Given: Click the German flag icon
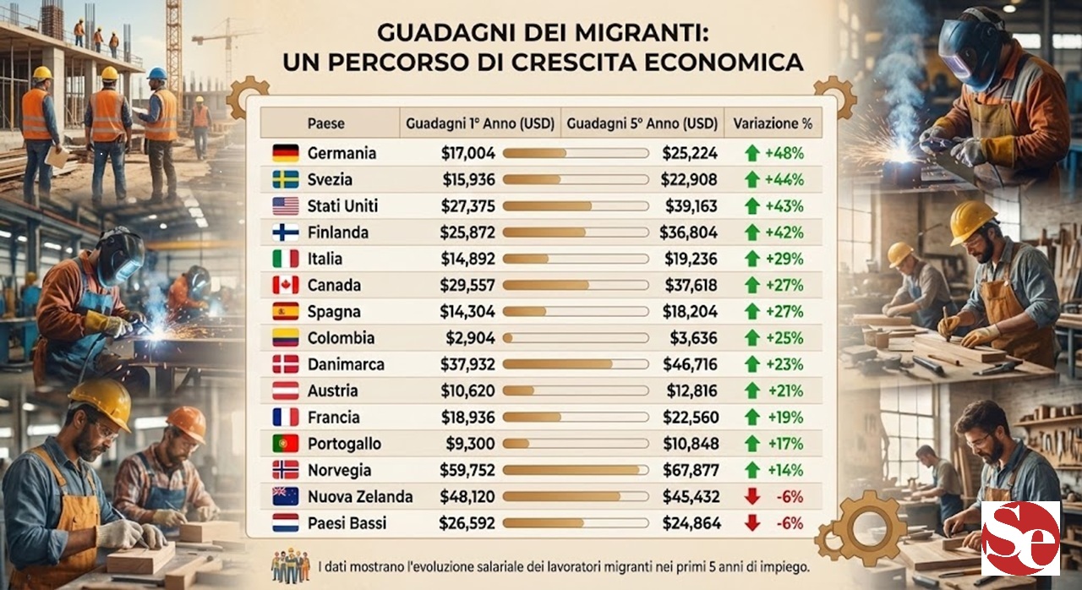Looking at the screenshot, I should click(x=285, y=153).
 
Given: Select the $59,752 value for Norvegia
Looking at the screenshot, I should click(x=467, y=470).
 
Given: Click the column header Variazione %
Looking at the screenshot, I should click(x=773, y=123).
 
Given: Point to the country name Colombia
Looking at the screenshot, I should click(x=342, y=338).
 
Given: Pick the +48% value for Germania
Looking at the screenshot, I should click(x=784, y=153).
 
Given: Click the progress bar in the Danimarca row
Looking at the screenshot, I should click(x=571, y=365).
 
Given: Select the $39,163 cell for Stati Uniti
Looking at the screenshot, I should click(x=690, y=206).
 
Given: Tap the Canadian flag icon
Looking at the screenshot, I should click(x=285, y=285).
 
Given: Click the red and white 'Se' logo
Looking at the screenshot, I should click(x=1020, y=538).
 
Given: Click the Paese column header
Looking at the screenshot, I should click(x=325, y=123).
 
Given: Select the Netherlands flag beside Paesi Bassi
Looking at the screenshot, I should click(x=285, y=522).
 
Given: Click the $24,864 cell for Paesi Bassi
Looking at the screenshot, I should click(x=691, y=523).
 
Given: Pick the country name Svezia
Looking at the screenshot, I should click(x=330, y=180).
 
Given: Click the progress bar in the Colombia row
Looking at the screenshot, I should click(x=571, y=338).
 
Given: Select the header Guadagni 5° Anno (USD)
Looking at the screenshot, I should click(x=642, y=123).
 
